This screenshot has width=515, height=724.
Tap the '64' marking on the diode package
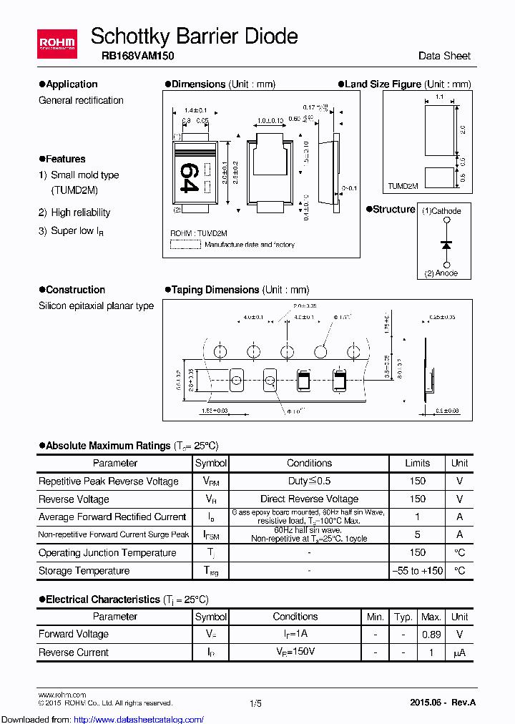click(187, 177)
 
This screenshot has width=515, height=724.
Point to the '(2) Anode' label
click(441, 273)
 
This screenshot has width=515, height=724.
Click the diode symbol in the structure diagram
click(446, 245)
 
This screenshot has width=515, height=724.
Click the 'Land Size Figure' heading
click(383, 84)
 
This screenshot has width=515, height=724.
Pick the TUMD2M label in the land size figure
click(403, 185)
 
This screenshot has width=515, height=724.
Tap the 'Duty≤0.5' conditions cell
click(309, 481)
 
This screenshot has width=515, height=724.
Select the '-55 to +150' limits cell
click(417, 571)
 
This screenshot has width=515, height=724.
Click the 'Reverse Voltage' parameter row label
click(74, 499)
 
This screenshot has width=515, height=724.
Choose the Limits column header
click(417, 463)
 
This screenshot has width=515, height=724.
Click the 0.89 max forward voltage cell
click(431, 634)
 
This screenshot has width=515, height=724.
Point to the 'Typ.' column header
click(403, 617)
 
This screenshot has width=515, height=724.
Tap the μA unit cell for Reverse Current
click(459, 652)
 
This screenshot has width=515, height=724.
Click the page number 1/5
click(255, 704)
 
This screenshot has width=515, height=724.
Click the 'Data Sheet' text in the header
click(444, 56)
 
